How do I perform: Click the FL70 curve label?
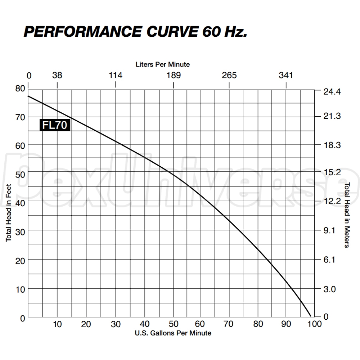point(54,125)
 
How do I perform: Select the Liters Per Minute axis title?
point(163,64)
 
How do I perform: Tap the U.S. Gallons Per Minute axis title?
point(173,333)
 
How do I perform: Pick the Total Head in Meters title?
point(347,215)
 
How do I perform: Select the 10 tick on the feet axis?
point(20,289)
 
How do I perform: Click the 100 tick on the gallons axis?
point(315,324)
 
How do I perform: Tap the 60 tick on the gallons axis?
point(201,324)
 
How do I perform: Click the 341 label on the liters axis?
point(286,75)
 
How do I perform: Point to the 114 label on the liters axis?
point(116,75)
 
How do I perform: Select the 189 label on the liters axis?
point(174,75)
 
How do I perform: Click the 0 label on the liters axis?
point(29,75)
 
